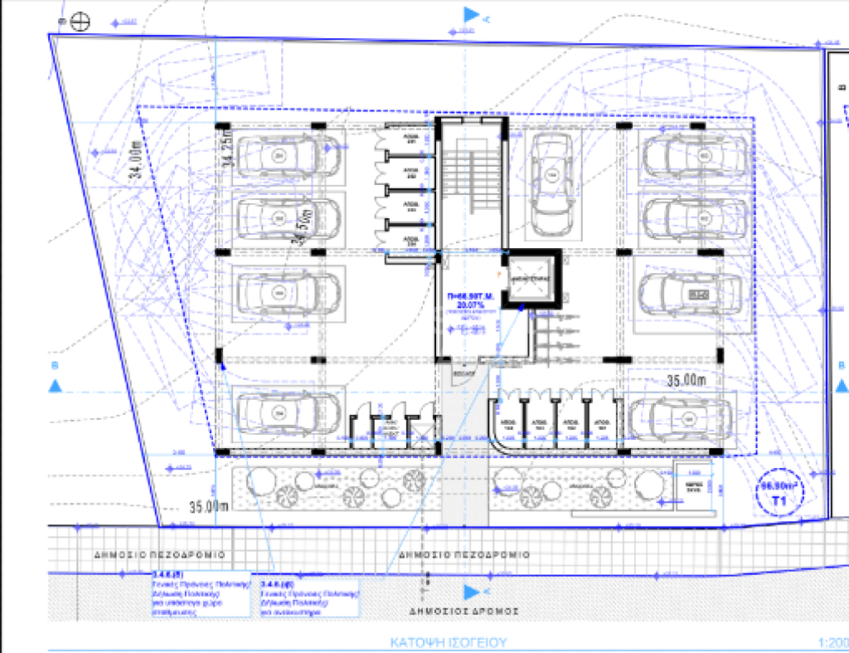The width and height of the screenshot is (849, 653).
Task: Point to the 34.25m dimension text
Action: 228,153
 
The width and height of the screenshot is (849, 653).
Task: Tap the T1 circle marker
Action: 778,495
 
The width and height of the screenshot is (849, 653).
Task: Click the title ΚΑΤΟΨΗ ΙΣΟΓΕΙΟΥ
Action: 449,642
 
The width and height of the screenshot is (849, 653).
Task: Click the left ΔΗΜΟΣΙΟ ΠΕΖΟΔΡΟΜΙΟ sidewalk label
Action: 159,554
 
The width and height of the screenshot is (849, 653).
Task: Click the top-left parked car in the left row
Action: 277,155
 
